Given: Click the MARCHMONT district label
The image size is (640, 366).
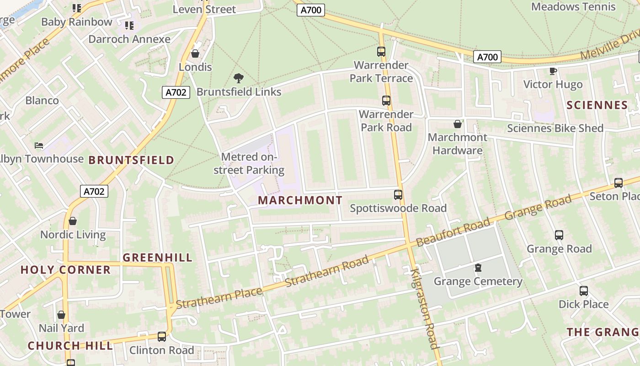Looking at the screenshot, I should point(300,200).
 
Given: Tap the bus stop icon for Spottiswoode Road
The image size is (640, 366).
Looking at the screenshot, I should point(398,195).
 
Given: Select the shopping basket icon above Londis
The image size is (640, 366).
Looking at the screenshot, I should point(195,54).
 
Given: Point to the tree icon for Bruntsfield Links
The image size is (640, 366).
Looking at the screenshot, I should point(238,78).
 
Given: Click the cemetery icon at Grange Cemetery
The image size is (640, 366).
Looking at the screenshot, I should point(478,267).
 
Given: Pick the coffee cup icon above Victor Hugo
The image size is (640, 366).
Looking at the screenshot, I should point(553,71).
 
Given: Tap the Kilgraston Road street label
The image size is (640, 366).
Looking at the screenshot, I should point(425,308).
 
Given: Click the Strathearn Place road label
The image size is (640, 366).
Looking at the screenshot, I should point(219,297).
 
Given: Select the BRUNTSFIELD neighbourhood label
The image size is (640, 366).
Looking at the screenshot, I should point(131,160).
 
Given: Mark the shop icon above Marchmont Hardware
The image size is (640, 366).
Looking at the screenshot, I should point(457,124).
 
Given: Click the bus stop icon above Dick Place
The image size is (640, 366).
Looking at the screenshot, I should point(584,291).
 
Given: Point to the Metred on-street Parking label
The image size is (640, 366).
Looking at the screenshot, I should point(249,164).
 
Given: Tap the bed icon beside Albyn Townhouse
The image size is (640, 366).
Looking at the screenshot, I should point(39,145).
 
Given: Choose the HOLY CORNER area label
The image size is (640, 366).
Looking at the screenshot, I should point(65,270).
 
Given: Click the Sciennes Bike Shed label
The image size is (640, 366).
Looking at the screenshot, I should point(555,129).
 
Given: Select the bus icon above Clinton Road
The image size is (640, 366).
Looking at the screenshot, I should point(161,336).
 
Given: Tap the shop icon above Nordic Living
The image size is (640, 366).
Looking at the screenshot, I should point(72,221).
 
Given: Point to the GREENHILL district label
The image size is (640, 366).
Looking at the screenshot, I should point(158,258).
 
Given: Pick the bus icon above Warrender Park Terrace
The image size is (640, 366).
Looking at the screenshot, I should point(381,51).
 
